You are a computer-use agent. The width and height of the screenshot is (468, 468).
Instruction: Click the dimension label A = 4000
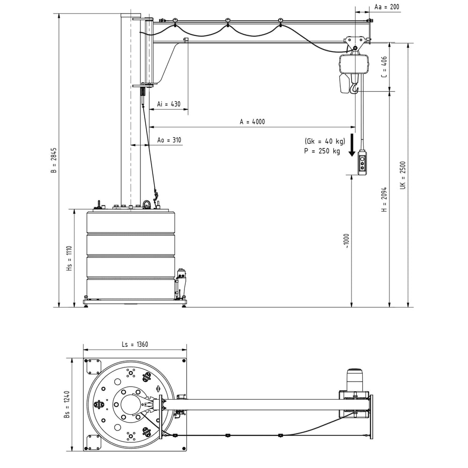tap(252, 122)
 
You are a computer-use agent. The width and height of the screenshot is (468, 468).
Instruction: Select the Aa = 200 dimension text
tap(387, 7)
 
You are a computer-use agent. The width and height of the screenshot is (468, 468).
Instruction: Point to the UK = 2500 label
tap(402, 175)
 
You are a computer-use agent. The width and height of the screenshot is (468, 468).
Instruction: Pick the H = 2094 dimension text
tap(384, 200)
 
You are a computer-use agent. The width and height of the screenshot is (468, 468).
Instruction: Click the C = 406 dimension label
tap(384, 67)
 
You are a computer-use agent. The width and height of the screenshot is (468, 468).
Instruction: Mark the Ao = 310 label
tap(169, 140)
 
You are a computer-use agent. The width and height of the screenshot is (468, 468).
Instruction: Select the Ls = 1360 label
tap(135, 344)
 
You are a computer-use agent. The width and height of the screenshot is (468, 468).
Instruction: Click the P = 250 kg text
tap(322, 151)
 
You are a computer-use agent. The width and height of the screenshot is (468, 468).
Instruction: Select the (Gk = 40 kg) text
tap(324, 141)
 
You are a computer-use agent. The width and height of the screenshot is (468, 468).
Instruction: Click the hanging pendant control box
tap(362, 163)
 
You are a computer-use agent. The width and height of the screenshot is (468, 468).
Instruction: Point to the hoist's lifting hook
tap(354, 88)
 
